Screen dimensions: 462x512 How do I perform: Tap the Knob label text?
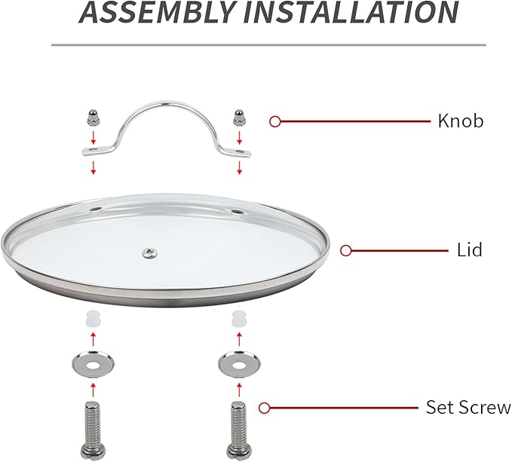pyautogui.click(x=460, y=121)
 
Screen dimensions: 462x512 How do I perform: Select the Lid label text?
pyautogui.click(x=470, y=249)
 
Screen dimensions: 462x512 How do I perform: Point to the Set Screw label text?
pyautogui.click(x=468, y=408)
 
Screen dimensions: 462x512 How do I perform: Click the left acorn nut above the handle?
pyautogui.click(x=93, y=117)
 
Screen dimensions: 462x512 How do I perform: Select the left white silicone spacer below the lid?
pyautogui.click(x=93, y=319)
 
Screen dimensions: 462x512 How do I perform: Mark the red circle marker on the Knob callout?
pyautogui.click(x=275, y=121)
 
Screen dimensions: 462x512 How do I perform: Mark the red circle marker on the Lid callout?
pyautogui.click(x=346, y=250)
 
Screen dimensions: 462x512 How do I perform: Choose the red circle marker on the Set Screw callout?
pyautogui.click(x=265, y=408)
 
